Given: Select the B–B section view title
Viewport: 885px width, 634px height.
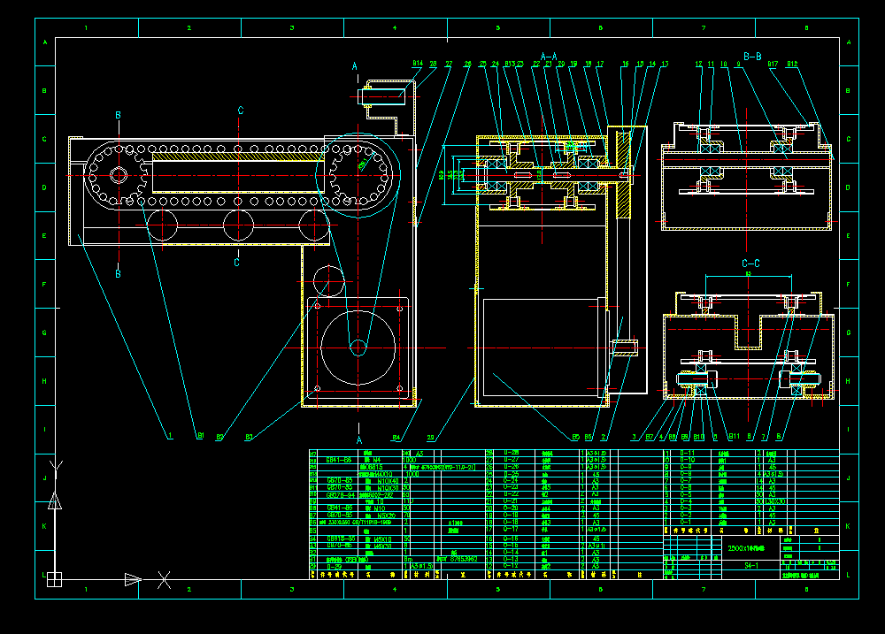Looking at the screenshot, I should tap(752, 56).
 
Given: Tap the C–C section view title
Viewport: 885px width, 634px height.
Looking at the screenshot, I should tap(750, 264).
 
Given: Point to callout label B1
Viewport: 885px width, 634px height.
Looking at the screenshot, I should tap(201, 436).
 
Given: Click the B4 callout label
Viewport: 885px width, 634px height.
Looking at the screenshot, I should tap(396, 437).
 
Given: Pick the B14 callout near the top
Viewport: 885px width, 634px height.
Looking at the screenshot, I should tap(418, 64).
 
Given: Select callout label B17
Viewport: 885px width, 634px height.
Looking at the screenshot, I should tap(773, 64).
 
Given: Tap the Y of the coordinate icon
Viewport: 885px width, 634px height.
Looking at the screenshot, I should tap(56, 464).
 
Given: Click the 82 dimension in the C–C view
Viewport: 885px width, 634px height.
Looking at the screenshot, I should tap(748, 275).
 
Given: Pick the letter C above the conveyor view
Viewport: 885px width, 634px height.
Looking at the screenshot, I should tap(240, 111).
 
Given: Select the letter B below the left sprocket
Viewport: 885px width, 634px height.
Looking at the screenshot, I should tap(118, 274).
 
